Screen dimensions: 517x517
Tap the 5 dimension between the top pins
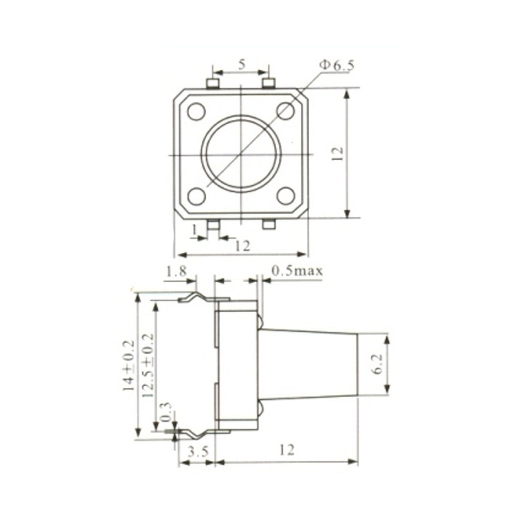(x=241, y=65)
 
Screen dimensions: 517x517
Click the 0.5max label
(x=297, y=270)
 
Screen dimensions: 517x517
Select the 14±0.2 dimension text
(x=128, y=365)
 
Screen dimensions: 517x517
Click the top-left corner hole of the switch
(x=196, y=111)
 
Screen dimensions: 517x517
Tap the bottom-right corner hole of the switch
(x=285, y=196)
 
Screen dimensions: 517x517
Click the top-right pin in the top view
(x=269, y=83)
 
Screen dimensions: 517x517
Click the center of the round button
(x=241, y=154)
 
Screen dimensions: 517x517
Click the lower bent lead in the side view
(x=196, y=433)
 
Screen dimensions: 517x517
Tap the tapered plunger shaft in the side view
(x=310, y=364)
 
